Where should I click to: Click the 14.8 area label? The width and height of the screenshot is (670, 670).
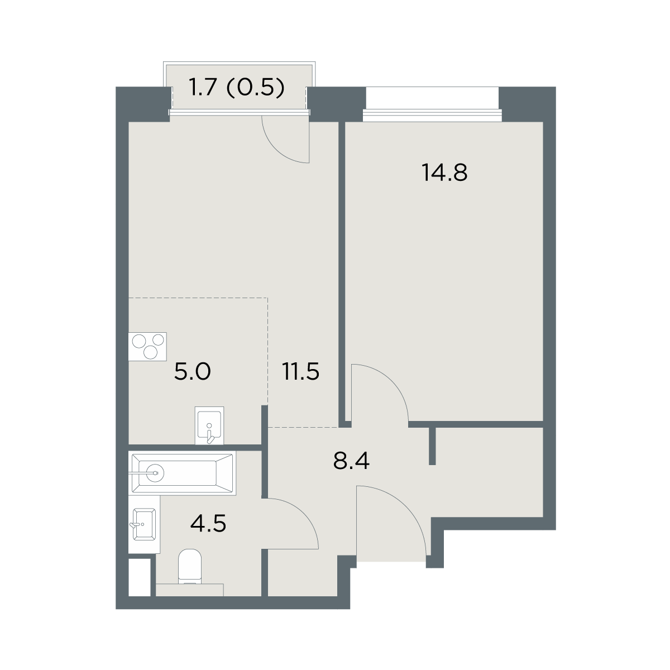444,173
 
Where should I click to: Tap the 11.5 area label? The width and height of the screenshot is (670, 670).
301,371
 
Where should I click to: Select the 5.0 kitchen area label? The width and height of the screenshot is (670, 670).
192,371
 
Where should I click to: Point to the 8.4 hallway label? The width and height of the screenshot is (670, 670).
351,461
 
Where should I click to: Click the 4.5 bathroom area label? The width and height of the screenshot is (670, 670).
208,524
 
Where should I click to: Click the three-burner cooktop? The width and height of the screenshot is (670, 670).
147,346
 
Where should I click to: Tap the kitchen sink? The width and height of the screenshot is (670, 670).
209,425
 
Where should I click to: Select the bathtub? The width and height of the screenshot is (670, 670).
182,473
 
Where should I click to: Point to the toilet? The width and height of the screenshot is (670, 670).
190,566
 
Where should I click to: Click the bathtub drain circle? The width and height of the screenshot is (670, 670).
155,473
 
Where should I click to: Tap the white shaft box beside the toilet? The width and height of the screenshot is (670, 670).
140,577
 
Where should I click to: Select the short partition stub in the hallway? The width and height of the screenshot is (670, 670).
432,446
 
